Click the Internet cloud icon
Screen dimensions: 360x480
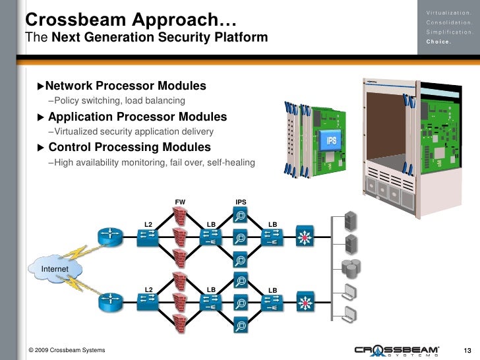pos(55,269)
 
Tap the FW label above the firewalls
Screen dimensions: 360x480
pos(179,202)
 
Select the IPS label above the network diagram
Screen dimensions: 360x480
pos(241,202)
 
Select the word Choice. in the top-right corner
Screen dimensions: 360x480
pos(439,42)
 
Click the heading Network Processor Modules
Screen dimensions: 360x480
pos(125,86)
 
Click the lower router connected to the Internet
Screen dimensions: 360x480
pos(108,301)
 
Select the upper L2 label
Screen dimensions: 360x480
pos(148,225)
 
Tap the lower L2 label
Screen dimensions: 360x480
pos(148,289)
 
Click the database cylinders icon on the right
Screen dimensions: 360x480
pos(349,267)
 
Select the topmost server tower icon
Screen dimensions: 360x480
pos(351,220)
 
